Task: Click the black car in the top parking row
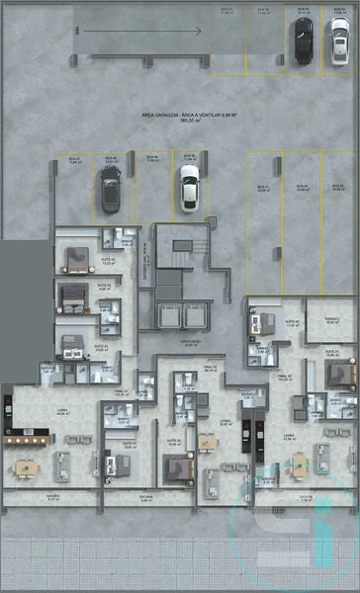pyautogui.click(x=302, y=41)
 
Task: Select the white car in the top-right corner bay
pyautogui.click(x=339, y=41)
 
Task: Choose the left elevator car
pyautogui.click(x=165, y=317)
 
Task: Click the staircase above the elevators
pyautogui.click(x=182, y=246)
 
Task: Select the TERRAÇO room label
pyautogui.click(x=332, y=319)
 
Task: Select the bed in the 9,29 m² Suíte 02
pyautogui.click(x=72, y=293)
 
